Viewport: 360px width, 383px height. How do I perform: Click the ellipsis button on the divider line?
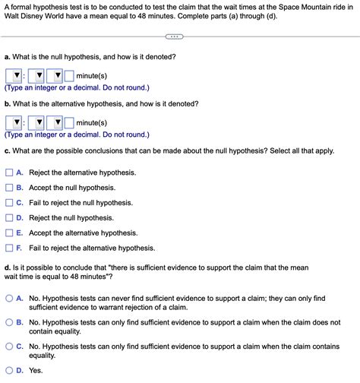[x=173, y=36]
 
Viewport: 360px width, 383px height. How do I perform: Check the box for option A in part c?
[x=9, y=173]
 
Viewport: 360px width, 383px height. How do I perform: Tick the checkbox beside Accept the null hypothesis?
[x=9, y=187]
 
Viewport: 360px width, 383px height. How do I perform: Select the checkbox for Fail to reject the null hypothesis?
[x=9, y=202]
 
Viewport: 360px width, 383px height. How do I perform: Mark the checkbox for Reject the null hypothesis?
[x=9, y=217]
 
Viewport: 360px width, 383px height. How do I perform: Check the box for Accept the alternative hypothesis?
[x=9, y=233]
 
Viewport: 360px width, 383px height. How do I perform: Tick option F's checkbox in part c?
[x=9, y=248]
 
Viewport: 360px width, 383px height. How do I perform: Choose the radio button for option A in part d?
[x=9, y=299]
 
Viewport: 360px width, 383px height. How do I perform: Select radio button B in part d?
[x=9, y=322]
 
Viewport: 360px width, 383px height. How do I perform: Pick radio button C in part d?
[x=9, y=346]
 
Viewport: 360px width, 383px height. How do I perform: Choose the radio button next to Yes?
[x=9, y=370]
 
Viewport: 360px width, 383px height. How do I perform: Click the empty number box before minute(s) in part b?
[x=68, y=122]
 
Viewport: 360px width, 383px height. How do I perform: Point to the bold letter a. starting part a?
[x=7, y=57]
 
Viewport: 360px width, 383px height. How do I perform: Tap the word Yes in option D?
[x=36, y=370]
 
